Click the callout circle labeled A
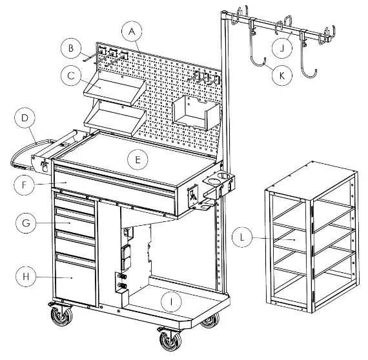[132, 32]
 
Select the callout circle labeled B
[72, 48]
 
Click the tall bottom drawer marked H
[74, 277]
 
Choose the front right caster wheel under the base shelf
[171, 340]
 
